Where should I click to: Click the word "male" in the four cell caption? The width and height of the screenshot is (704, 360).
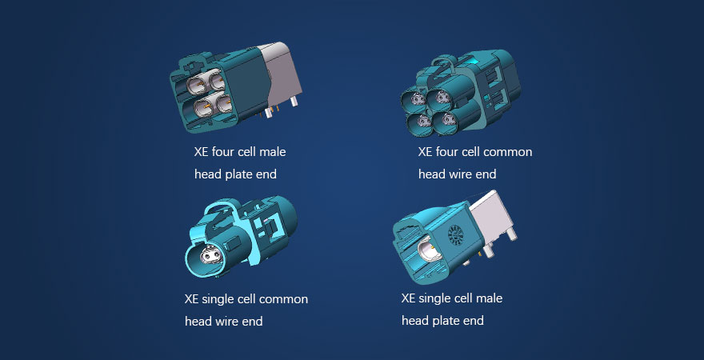point(270,152)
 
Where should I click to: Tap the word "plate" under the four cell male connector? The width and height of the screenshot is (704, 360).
point(236,174)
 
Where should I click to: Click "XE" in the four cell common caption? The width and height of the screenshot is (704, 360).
point(425,152)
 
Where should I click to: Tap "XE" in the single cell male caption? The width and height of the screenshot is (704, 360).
point(408,298)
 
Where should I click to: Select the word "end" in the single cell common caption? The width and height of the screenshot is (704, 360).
point(254,322)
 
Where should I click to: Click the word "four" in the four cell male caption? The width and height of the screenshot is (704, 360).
point(222,152)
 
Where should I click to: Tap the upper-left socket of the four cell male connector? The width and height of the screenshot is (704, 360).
point(197,84)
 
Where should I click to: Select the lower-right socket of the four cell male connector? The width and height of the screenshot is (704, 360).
point(224,104)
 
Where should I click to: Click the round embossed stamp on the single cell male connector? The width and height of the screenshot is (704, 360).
point(454,234)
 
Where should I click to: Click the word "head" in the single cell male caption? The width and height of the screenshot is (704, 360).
point(411,321)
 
